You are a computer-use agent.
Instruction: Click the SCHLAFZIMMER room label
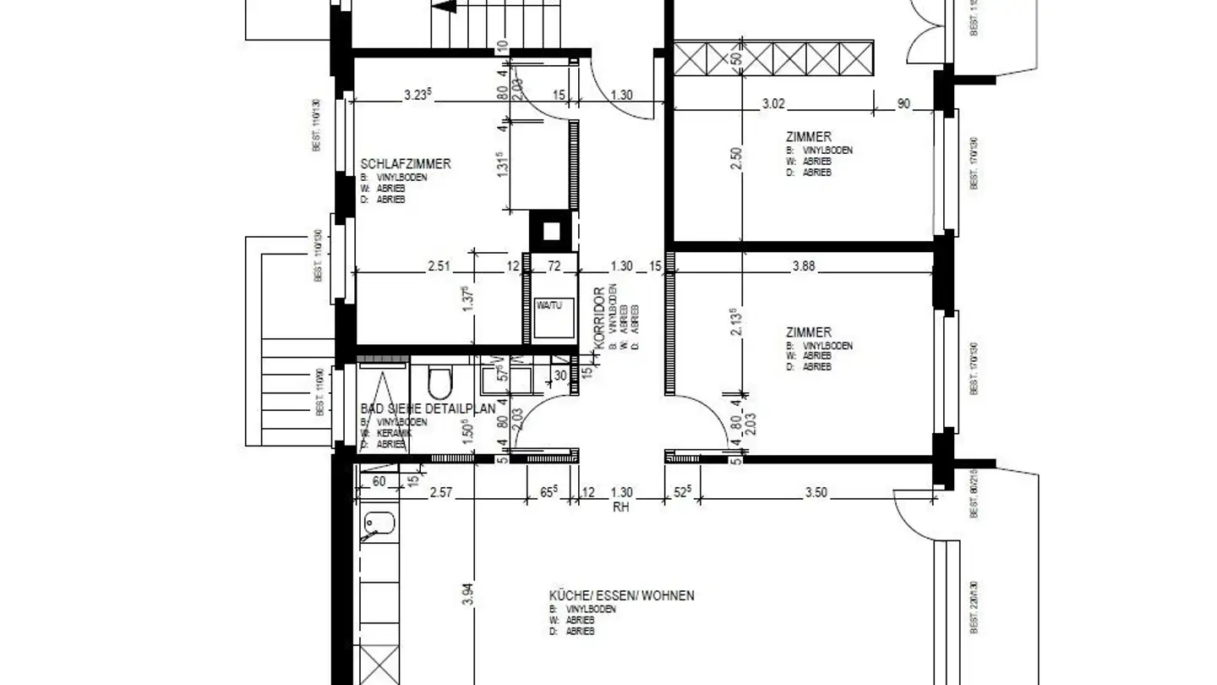tap(406, 164)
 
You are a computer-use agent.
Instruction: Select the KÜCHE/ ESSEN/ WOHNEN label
tap(621, 595)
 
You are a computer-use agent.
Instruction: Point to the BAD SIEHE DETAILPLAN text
tap(428, 408)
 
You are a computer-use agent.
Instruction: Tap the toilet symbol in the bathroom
tap(439, 383)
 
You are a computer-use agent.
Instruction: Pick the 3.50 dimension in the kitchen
tap(816, 492)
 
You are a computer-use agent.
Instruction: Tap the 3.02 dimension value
tap(773, 104)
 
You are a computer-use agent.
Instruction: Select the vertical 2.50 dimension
tap(735, 160)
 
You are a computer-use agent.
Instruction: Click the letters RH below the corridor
tap(621, 507)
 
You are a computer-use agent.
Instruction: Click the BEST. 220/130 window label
tap(974, 607)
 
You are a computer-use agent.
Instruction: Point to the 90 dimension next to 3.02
tap(903, 104)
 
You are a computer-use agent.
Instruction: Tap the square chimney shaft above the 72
tap(549, 230)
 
